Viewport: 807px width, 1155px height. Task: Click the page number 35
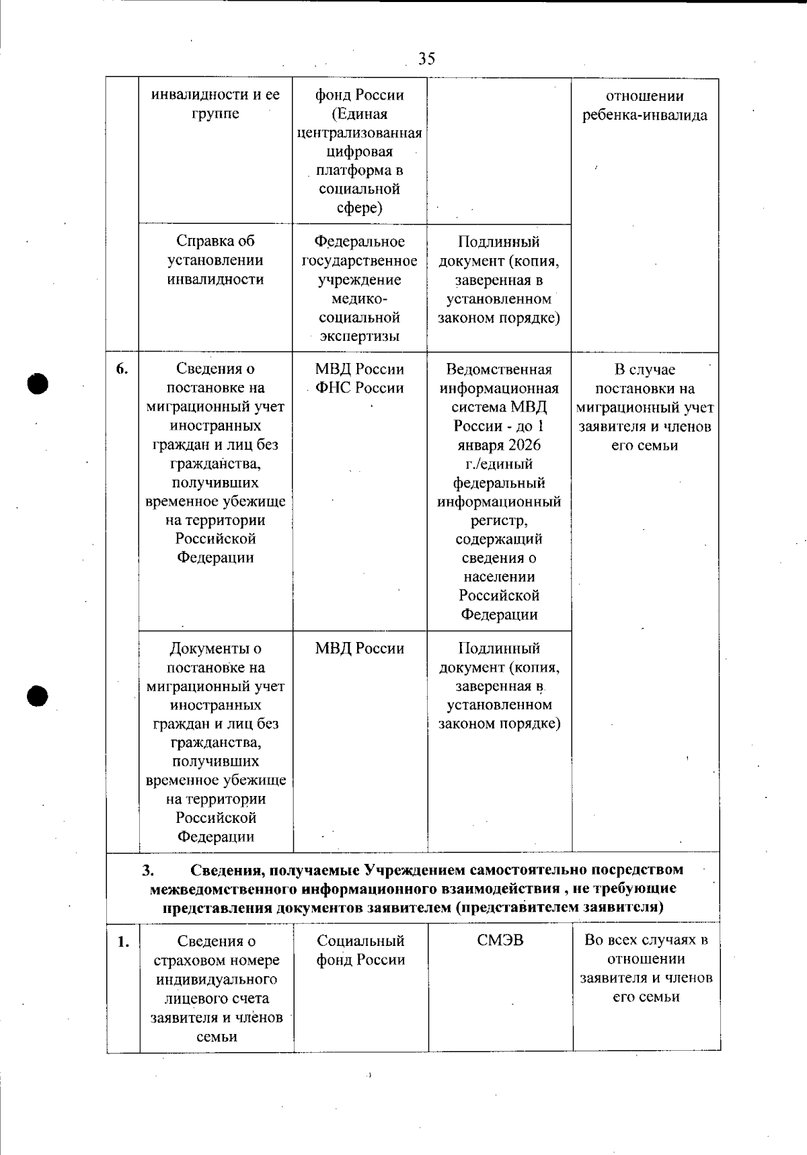[426, 59]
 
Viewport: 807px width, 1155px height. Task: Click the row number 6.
[122, 368]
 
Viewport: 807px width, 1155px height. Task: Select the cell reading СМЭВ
[500, 940]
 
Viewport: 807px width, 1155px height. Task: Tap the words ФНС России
[359, 388]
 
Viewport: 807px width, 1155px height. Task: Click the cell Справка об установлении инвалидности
[215, 260]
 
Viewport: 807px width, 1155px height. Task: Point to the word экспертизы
[359, 336]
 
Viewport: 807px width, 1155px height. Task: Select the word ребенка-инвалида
[645, 115]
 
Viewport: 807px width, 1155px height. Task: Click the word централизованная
[359, 132]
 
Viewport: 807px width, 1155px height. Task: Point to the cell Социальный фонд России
[360, 950]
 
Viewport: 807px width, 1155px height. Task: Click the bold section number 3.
[148, 870]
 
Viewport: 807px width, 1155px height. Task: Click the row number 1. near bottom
[123, 941]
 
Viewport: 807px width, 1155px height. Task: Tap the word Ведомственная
[499, 369]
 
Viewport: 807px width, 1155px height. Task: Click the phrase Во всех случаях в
[646, 940]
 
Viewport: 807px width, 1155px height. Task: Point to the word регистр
[498, 520]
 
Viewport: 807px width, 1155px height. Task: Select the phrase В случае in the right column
[644, 370]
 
